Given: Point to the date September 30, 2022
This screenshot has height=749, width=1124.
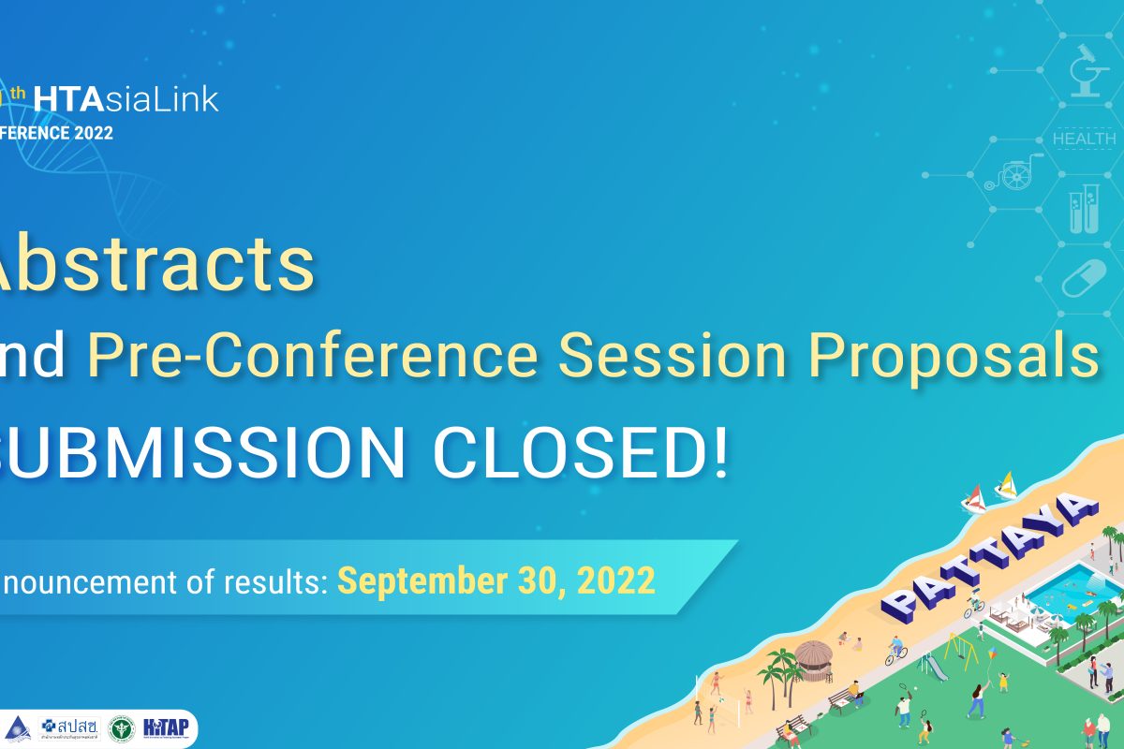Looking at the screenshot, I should coord(496,580).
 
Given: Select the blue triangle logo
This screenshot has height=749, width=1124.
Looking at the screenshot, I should coord(16,727).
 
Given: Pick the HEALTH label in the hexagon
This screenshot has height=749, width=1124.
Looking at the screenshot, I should coord(1084,139).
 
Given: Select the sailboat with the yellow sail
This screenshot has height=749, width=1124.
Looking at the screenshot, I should coord(1007,485).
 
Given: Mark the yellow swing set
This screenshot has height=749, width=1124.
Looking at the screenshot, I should coord(958,646).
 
